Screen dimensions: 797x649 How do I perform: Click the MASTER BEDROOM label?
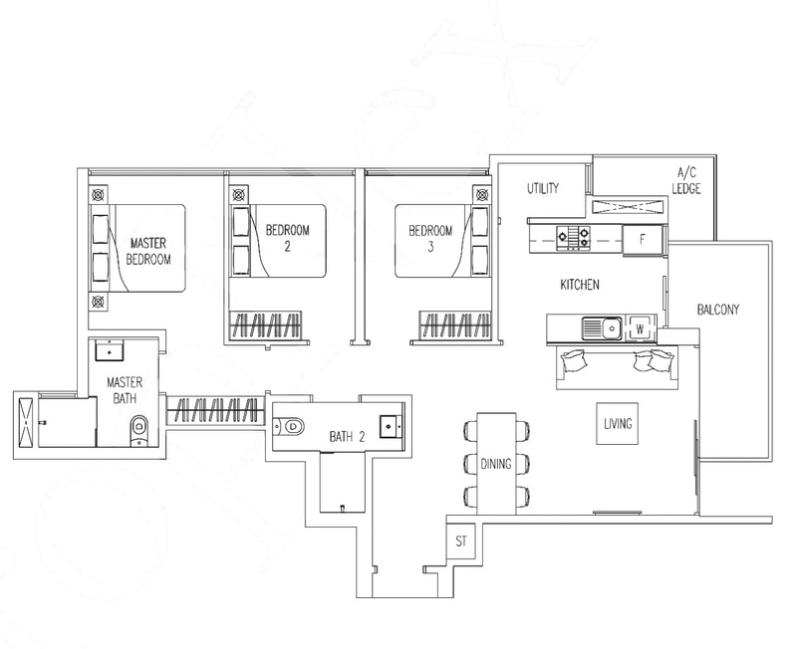point(147,251)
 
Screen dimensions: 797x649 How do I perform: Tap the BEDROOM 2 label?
point(288,238)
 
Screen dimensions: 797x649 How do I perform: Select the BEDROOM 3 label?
point(430,239)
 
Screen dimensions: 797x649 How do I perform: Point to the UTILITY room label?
point(543,188)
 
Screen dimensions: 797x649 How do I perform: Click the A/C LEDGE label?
point(686,180)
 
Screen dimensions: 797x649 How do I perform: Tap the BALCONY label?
point(718,310)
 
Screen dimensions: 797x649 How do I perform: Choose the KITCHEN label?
point(580,285)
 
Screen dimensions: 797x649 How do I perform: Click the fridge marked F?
point(643,239)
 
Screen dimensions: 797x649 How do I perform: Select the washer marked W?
point(640,329)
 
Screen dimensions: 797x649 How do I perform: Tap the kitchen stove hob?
point(574,238)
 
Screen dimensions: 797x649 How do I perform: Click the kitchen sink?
point(602,328)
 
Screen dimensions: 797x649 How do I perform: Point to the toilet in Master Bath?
point(138,431)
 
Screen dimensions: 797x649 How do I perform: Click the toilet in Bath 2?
point(288,426)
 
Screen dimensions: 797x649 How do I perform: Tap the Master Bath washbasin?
point(110,350)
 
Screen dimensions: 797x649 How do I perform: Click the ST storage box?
point(461,541)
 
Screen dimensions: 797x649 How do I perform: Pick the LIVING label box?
point(618,423)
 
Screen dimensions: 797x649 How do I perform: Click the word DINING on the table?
point(496,464)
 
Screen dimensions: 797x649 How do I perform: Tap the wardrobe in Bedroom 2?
point(266,325)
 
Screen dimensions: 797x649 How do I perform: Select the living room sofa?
point(617,367)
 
